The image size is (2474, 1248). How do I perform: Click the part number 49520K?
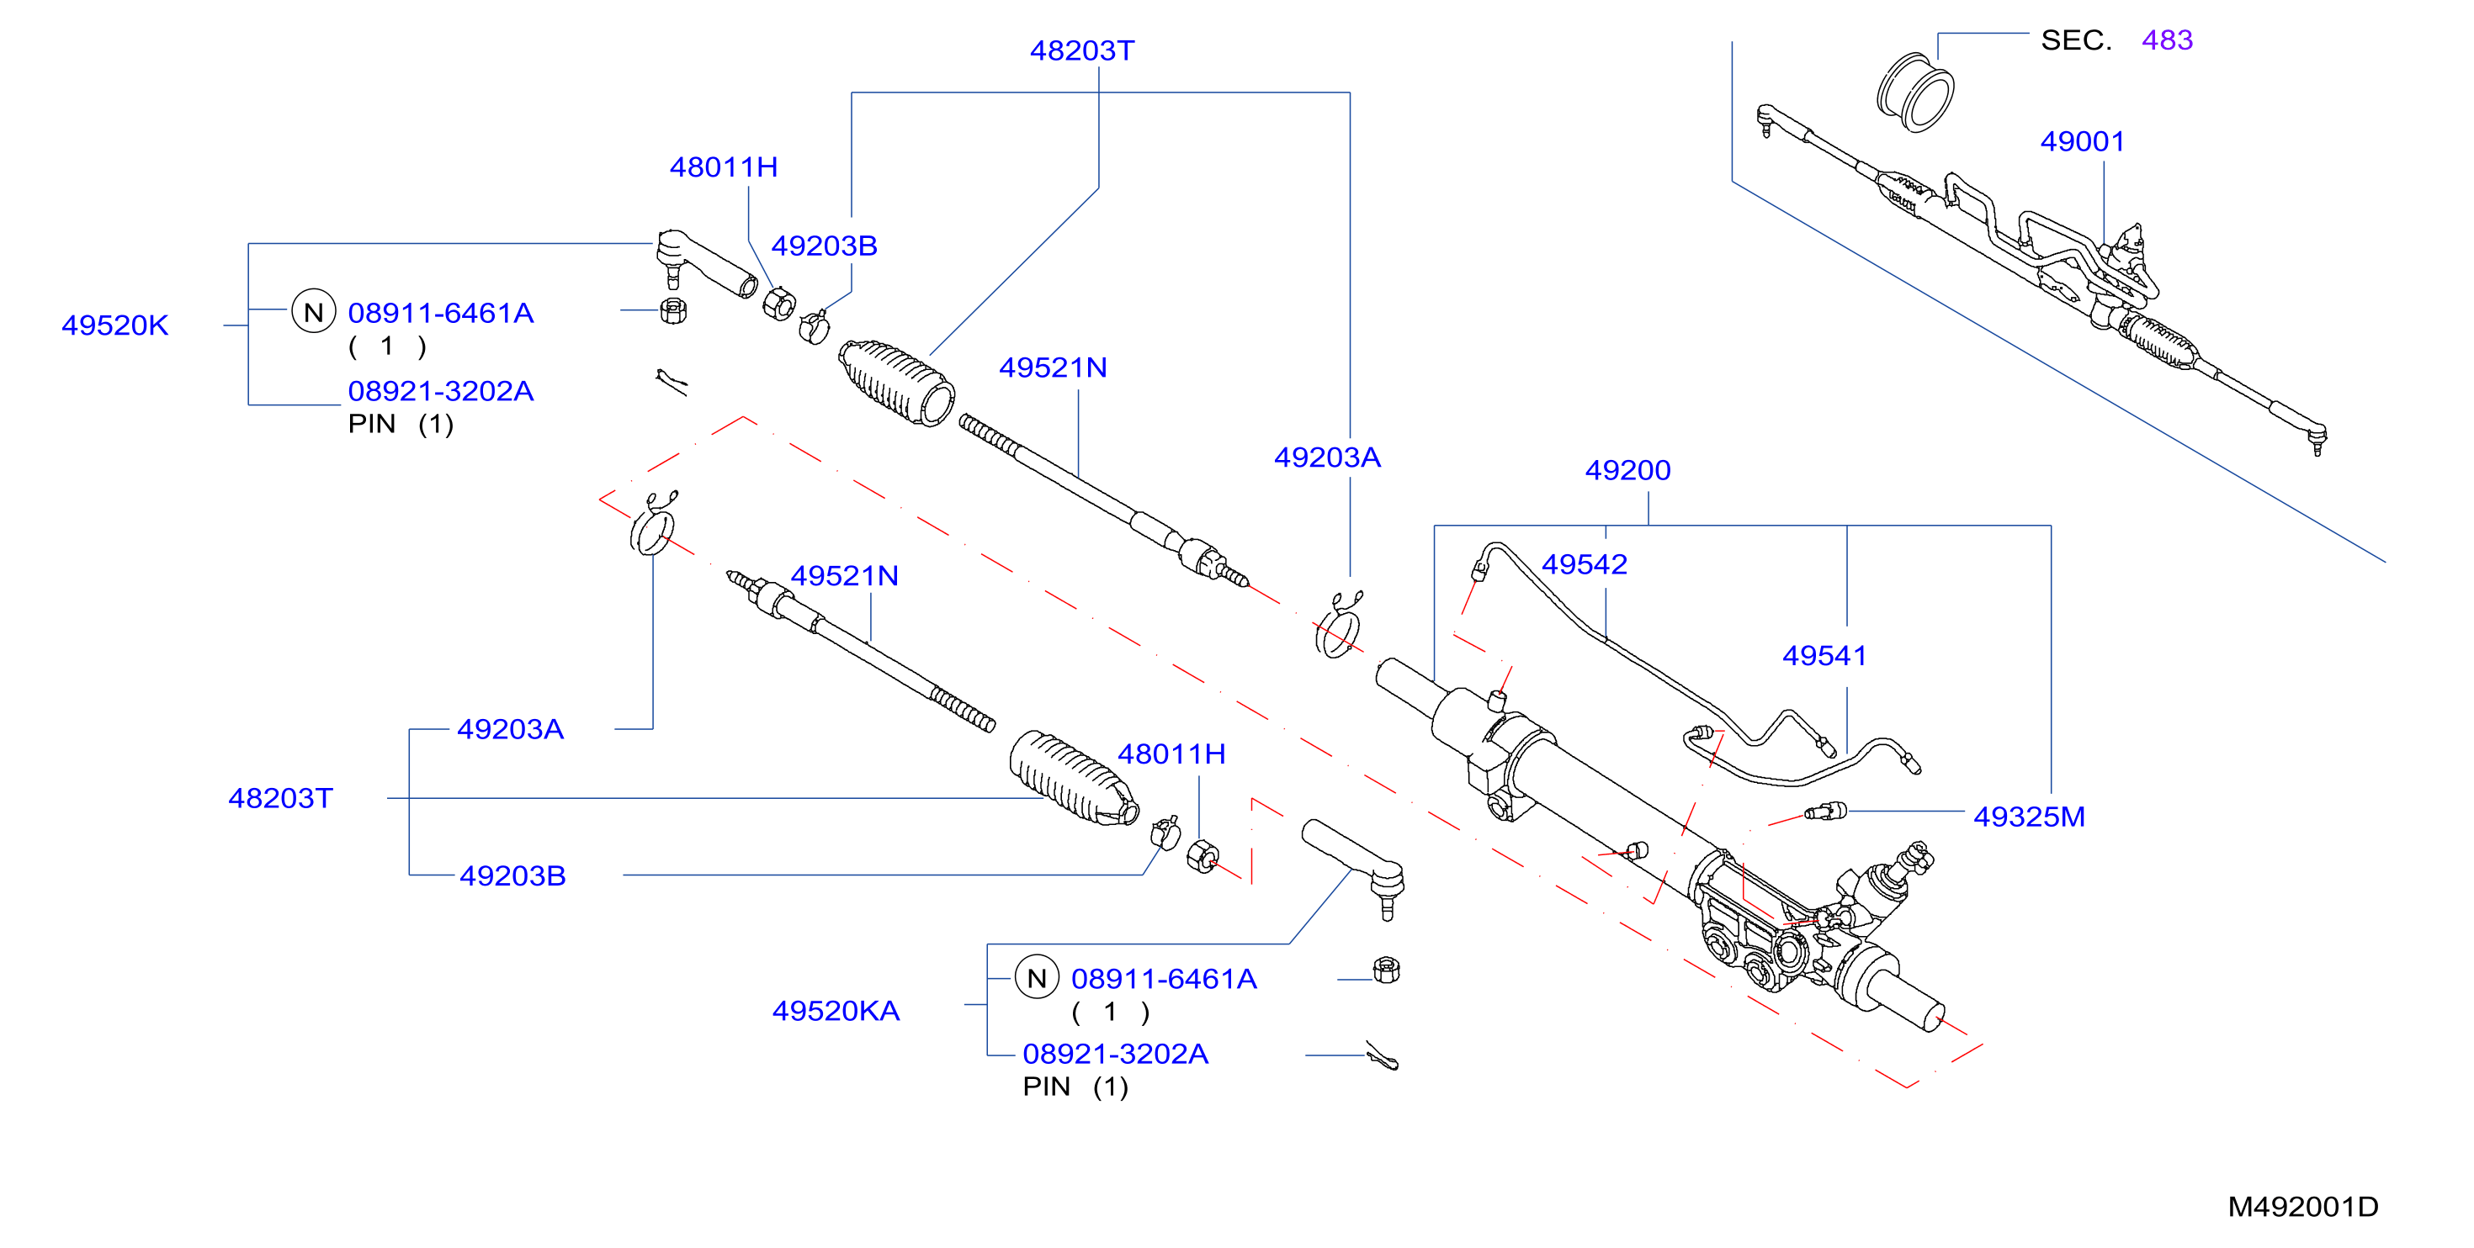pos(115,325)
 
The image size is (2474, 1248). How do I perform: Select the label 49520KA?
pos(836,1011)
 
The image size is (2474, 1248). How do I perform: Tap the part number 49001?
pos(2082,142)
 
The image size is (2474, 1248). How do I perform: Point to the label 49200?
pos(1628,470)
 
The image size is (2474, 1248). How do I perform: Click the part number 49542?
pos(1585,564)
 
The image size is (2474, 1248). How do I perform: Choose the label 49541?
pos(1824,656)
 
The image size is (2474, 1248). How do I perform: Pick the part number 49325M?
pos(2030,817)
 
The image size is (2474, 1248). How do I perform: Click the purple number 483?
pos(2168,40)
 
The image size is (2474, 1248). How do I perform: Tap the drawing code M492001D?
pos(2303,1207)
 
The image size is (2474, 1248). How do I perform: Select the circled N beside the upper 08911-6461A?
pos(313,311)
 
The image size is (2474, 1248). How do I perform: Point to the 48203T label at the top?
pos(1082,51)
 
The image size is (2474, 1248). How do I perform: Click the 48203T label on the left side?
pos(280,799)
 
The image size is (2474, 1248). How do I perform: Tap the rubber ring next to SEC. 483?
pos(1915,93)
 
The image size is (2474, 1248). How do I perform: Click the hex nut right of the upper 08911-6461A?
pos(673,311)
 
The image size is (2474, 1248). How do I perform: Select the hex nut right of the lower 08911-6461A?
pos(1386,970)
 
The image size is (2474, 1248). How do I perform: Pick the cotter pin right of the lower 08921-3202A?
pos(1383,1056)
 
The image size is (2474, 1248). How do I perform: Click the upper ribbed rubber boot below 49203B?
pos(897,382)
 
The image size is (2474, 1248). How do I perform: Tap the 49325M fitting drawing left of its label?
pos(1824,812)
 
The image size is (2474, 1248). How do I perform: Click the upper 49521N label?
pos(1054,368)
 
